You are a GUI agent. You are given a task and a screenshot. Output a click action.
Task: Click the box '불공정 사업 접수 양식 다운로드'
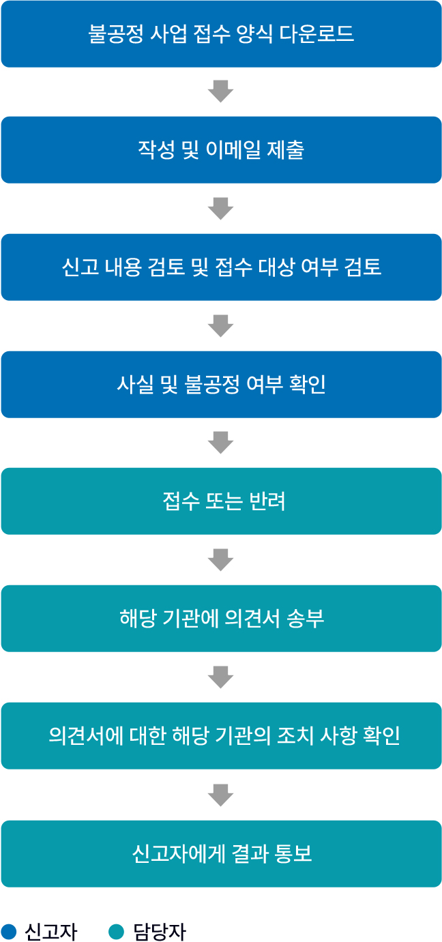pos(221,33)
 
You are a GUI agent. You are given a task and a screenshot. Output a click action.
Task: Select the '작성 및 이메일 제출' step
pos(221,149)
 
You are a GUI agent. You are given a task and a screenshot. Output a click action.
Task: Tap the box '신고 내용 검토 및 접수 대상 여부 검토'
pos(221,267)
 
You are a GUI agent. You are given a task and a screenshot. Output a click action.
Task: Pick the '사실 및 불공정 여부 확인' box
pos(221,384)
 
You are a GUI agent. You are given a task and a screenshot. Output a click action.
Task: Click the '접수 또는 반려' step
pos(221,501)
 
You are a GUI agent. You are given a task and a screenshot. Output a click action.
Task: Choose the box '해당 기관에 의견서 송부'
pos(221,619)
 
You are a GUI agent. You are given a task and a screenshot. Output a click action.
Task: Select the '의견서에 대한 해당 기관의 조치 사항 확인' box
pos(221,736)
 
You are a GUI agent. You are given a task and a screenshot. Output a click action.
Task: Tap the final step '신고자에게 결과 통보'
pos(221,854)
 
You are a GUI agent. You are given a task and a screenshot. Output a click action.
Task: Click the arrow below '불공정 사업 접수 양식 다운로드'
pos(221,91)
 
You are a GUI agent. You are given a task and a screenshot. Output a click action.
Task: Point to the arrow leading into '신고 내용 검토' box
pos(221,209)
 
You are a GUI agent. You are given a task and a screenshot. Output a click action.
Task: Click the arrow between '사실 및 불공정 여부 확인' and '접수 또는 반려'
pos(221,443)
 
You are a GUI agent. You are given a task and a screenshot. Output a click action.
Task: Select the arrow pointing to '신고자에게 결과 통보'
pos(221,795)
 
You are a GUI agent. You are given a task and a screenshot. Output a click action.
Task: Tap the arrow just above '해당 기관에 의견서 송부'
pos(221,560)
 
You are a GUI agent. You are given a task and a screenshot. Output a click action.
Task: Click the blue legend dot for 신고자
pos(8,931)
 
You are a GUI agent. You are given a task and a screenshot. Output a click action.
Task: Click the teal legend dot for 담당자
pos(116,931)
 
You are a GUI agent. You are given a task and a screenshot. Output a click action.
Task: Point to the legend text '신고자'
pos(51,932)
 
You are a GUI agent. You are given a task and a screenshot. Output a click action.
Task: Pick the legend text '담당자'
pos(160,932)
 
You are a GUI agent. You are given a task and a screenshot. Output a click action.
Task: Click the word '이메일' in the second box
pos(233,149)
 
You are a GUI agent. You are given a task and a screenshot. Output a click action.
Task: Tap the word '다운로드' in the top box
pos(316,33)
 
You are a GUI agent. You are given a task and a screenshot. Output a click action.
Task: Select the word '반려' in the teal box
pos(267,501)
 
